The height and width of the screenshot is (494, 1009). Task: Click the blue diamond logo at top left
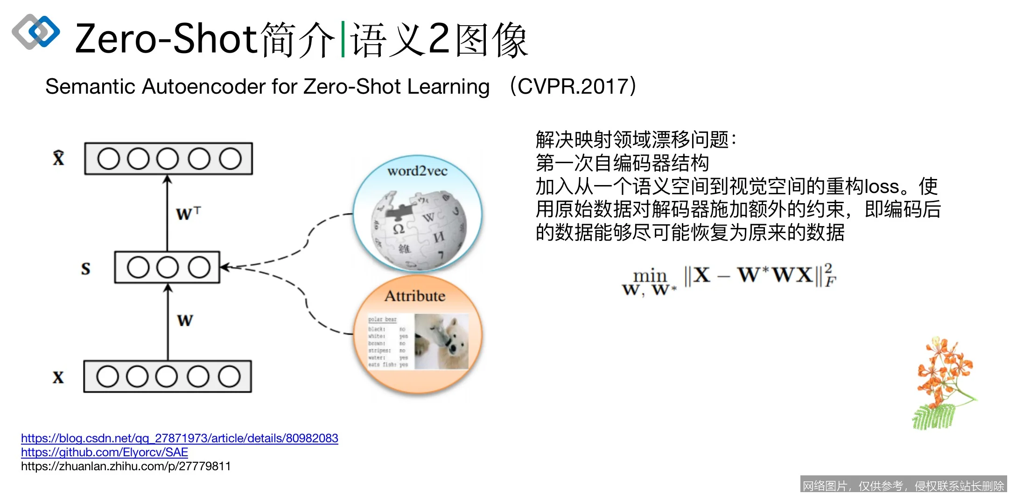pyautogui.click(x=36, y=32)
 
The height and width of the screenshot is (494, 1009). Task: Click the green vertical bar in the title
pyautogui.click(x=343, y=39)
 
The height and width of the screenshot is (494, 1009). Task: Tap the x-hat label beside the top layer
pyautogui.click(x=58, y=158)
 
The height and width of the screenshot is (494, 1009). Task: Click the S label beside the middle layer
pyautogui.click(x=85, y=268)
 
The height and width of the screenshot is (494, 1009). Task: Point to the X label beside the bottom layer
pyautogui.click(x=58, y=377)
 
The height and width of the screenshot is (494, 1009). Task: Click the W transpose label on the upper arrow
pyautogui.click(x=188, y=213)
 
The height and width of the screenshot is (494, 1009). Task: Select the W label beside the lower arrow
pyautogui.click(x=185, y=321)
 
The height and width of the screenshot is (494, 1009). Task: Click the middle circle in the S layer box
pyautogui.click(x=167, y=268)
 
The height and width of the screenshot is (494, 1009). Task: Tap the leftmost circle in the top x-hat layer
pyautogui.click(x=108, y=159)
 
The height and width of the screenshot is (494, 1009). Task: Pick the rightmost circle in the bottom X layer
pyautogui.click(x=229, y=377)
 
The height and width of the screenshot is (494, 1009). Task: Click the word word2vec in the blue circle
pyautogui.click(x=417, y=171)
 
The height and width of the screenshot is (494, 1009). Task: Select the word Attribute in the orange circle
pyautogui.click(x=414, y=296)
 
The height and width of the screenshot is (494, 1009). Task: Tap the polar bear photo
pyautogui.click(x=441, y=342)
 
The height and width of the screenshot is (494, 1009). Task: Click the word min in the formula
pyautogui.click(x=650, y=275)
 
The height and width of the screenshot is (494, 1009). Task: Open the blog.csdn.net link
pyautogui.click(x=179, y=439)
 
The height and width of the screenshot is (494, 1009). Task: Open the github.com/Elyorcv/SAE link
pyautogui.click(x=105, y=453)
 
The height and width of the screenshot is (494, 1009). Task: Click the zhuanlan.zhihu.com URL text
pyautogui.click(x=126, y=467)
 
